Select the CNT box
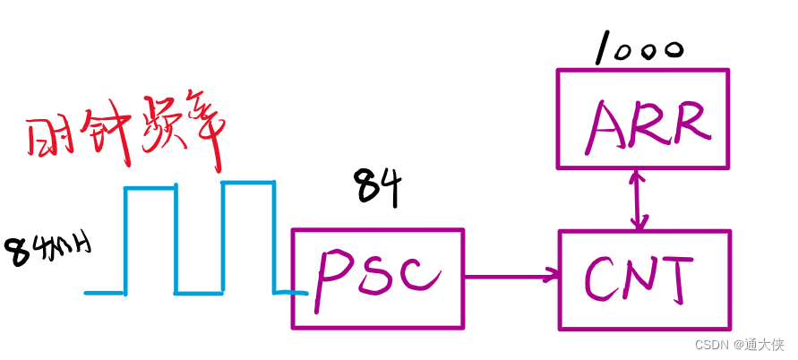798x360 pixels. coord(644,279)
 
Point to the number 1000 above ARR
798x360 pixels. coord(638,49)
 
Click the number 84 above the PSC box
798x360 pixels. coord(377,188)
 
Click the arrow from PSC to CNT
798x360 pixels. coord(511,277)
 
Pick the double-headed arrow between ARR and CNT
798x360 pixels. coord(639,199)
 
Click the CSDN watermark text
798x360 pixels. coord(740,343)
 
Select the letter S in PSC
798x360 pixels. coord(377,277)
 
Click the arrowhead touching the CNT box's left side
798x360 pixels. coord(550,277)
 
